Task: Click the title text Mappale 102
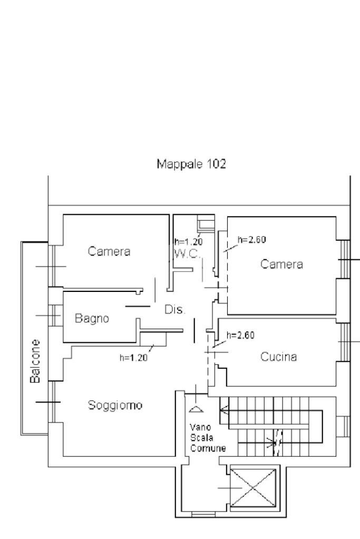pyautogui.click(x=192, y=164)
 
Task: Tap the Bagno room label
pyautogui.click(x=92, y=318)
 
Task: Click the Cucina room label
pyautogui.click(x=279, y=357)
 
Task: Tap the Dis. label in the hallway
pyautogui.click(x=175, y=310)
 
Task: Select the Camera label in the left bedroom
pyautogui.click(x=109, y=251)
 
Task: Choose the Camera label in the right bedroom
pyautogui.click(x=282, y=264)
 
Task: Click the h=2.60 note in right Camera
pyautogui.click(x=252, y=239)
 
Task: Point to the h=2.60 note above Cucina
pyautogui.click(x=240, y=335)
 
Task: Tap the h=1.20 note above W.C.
pyautogui.click(x=188, y=242)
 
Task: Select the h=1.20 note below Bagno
pyautogui.click(x=134, y=357)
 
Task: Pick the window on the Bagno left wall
pyautogui.click(x=53, y=316)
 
